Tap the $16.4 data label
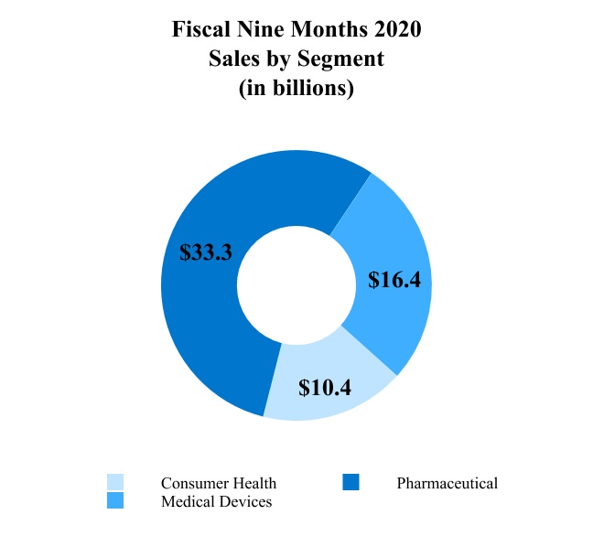[394, 280]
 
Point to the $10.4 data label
[325, 387]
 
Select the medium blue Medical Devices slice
[384, 238]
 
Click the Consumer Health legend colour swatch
[115, 482]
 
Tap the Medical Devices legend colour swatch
[115, 500]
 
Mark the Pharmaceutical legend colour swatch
[351, 482]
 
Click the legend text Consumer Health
[218, 483]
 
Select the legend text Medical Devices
[216, 501]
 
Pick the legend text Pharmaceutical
[447, 483]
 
